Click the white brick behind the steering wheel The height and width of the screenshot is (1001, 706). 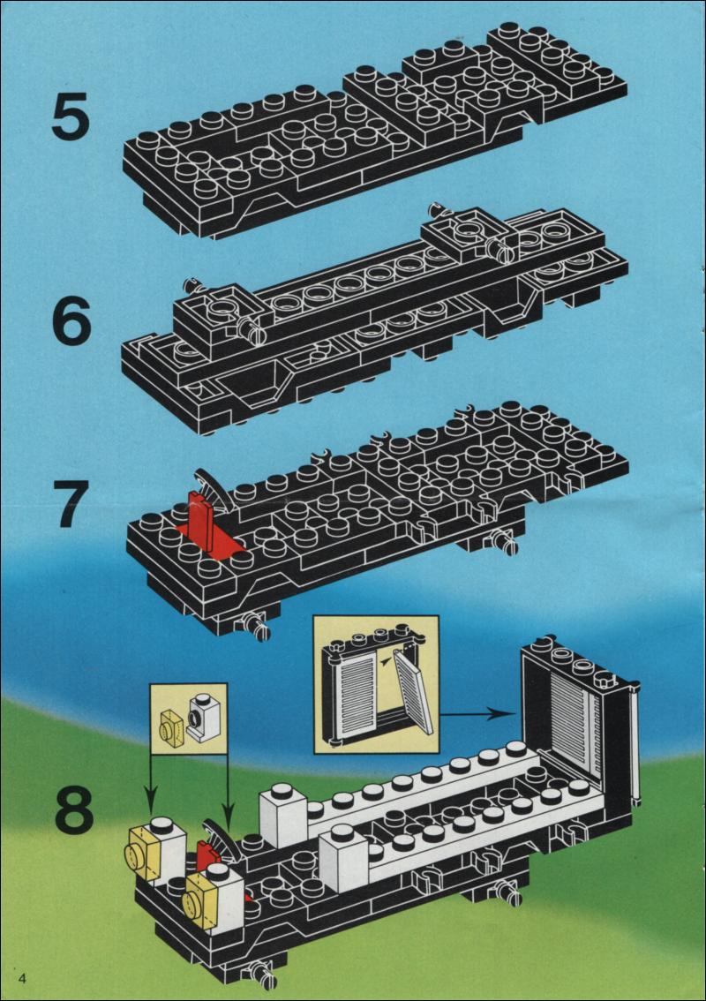(x=282, y=817)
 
